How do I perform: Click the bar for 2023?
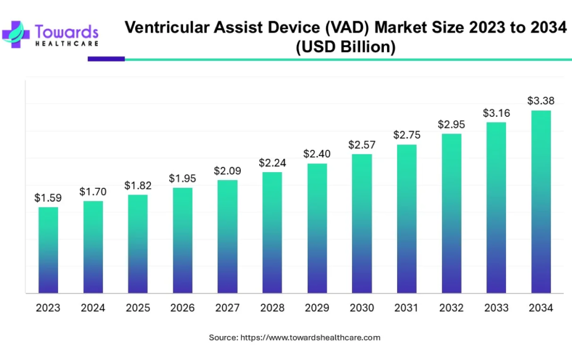pyautogui.click(x=48, y=250)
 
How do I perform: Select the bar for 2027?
pyautogui.click(x=227, y=236)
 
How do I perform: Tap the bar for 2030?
pyautogui.click(x=361, y=224)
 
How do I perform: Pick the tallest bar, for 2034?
pyautogui.click(x=541, y=202)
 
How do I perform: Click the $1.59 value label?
pyautogui.click(x=48, y=198)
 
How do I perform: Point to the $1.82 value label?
pyautogui.click(x=137, y=185)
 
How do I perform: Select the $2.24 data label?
pyautogui.click(x=272, y=163)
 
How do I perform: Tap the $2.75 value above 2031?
pyautogui.click(x=407, y=135)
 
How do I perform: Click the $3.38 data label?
pyautogui.click(x=541, y=101)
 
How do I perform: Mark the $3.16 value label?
pyautogui.click(x=496, y=113)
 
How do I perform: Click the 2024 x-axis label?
pyautogui.click(x=93, y=308)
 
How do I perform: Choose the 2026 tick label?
pyautogui.click(x=183, y=308)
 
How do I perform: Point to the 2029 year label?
pyautogui.click(x=317, y=308)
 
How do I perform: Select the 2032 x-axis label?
pyautogui.click(x=451, y=308)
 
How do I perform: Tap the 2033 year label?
pyautogui.click(x=496, y=308)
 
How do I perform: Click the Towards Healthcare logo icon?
pyautogui.click(x=17, y=33)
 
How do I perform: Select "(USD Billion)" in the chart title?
pyautogui.click(x=345, y=48)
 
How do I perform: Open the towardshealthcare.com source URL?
pyautogui.click(x=310, y=338)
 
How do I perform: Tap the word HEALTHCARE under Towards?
pyautogui.click(x=66, y=43)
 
